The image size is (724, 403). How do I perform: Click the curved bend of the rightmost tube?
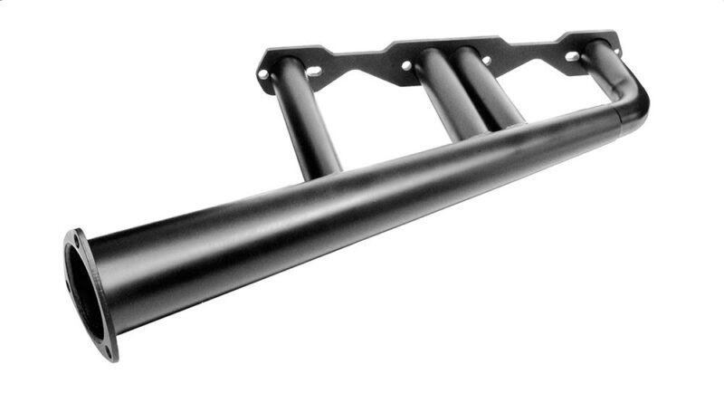pyautogui.click(x=624, y=77)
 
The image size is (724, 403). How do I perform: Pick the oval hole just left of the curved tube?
pyautogui.click(x=572, y=56)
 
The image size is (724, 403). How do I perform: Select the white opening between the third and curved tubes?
pyautogui.click(x=552, y=91)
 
